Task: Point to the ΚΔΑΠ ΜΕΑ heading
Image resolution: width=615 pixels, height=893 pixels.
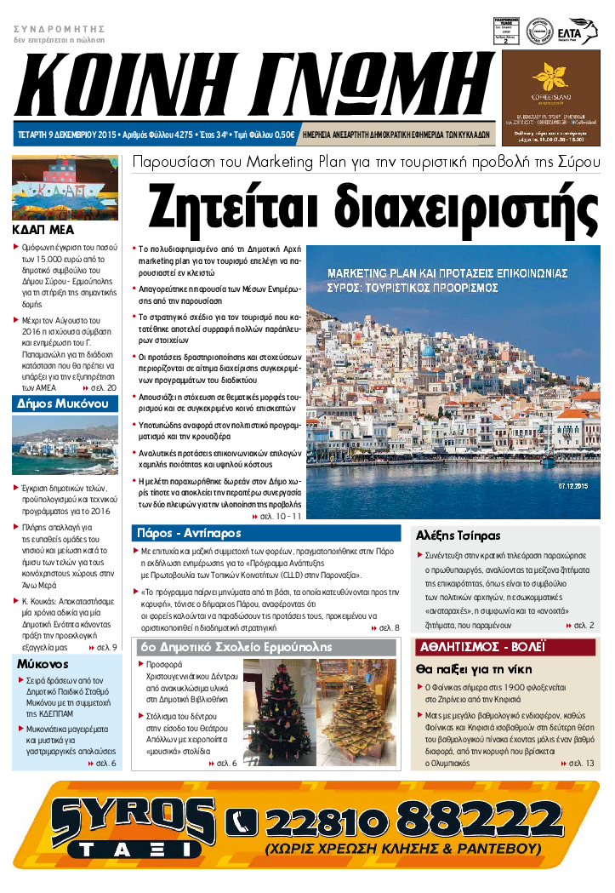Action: (43, 229)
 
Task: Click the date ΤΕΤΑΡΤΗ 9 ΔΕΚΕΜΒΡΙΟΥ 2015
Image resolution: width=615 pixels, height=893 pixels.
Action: (67, 135)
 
